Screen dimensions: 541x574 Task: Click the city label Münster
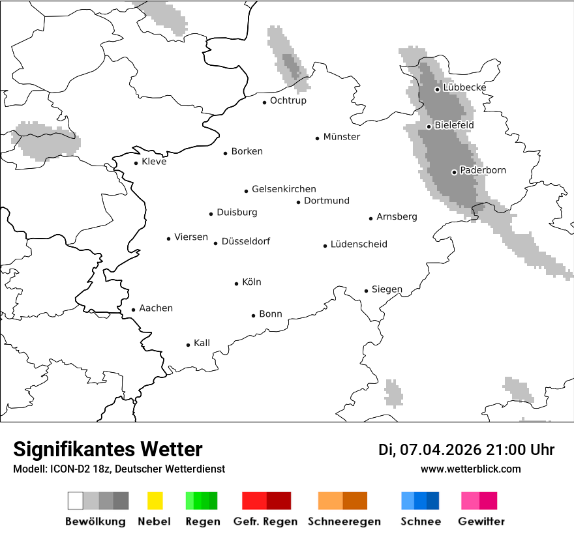pos(342,137)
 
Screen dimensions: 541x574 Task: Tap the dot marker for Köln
pos(237,284)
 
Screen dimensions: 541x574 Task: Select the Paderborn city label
pos(483,171)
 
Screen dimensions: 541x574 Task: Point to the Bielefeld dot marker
pos(429,126)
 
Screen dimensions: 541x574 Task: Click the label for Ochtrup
pos(288,101)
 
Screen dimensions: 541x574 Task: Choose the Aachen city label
pos(156,308)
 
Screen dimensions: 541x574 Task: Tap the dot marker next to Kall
pos(189,345)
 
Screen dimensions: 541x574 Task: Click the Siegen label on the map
pos(387,289)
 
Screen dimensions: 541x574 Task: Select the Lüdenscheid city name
pos(359,244)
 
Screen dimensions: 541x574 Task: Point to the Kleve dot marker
pos(136,163)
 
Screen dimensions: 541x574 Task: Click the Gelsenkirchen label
pos(284,189)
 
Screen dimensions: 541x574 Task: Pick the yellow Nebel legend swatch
pos(155,501)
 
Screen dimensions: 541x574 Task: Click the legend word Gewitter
pos(481,521)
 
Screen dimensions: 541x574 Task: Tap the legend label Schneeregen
pos(344,521)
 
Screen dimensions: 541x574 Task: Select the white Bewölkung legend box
pos(76,501)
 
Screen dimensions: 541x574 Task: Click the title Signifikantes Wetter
pos(108,450)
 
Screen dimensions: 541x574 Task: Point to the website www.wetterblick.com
pos(470,469)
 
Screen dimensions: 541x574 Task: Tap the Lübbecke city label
pos(464,87)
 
